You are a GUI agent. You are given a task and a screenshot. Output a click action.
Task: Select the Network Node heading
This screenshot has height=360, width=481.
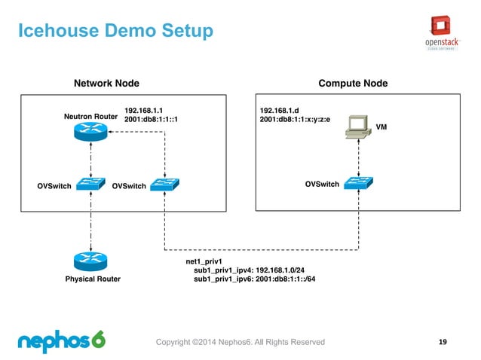(105, 83)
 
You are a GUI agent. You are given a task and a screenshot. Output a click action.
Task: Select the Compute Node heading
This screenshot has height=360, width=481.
(353, 83)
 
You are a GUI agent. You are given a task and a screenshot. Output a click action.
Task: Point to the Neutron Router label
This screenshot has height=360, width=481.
(90, 117)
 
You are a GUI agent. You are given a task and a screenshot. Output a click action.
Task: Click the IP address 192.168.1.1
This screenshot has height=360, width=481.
(144, 110)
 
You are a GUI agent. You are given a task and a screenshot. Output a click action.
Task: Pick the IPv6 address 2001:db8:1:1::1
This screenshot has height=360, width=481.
(156, 120)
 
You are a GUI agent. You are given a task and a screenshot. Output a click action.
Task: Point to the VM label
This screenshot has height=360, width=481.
(381, 128)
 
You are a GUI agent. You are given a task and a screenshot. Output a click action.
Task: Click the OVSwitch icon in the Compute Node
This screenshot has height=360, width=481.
(359, 183)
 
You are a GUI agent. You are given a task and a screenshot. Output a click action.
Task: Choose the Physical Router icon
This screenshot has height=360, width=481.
(90, 261)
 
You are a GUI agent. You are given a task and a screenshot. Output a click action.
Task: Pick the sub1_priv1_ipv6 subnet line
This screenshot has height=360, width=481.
(254, 279)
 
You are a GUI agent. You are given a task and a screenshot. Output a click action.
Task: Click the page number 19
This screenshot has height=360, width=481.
(443, 343)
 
